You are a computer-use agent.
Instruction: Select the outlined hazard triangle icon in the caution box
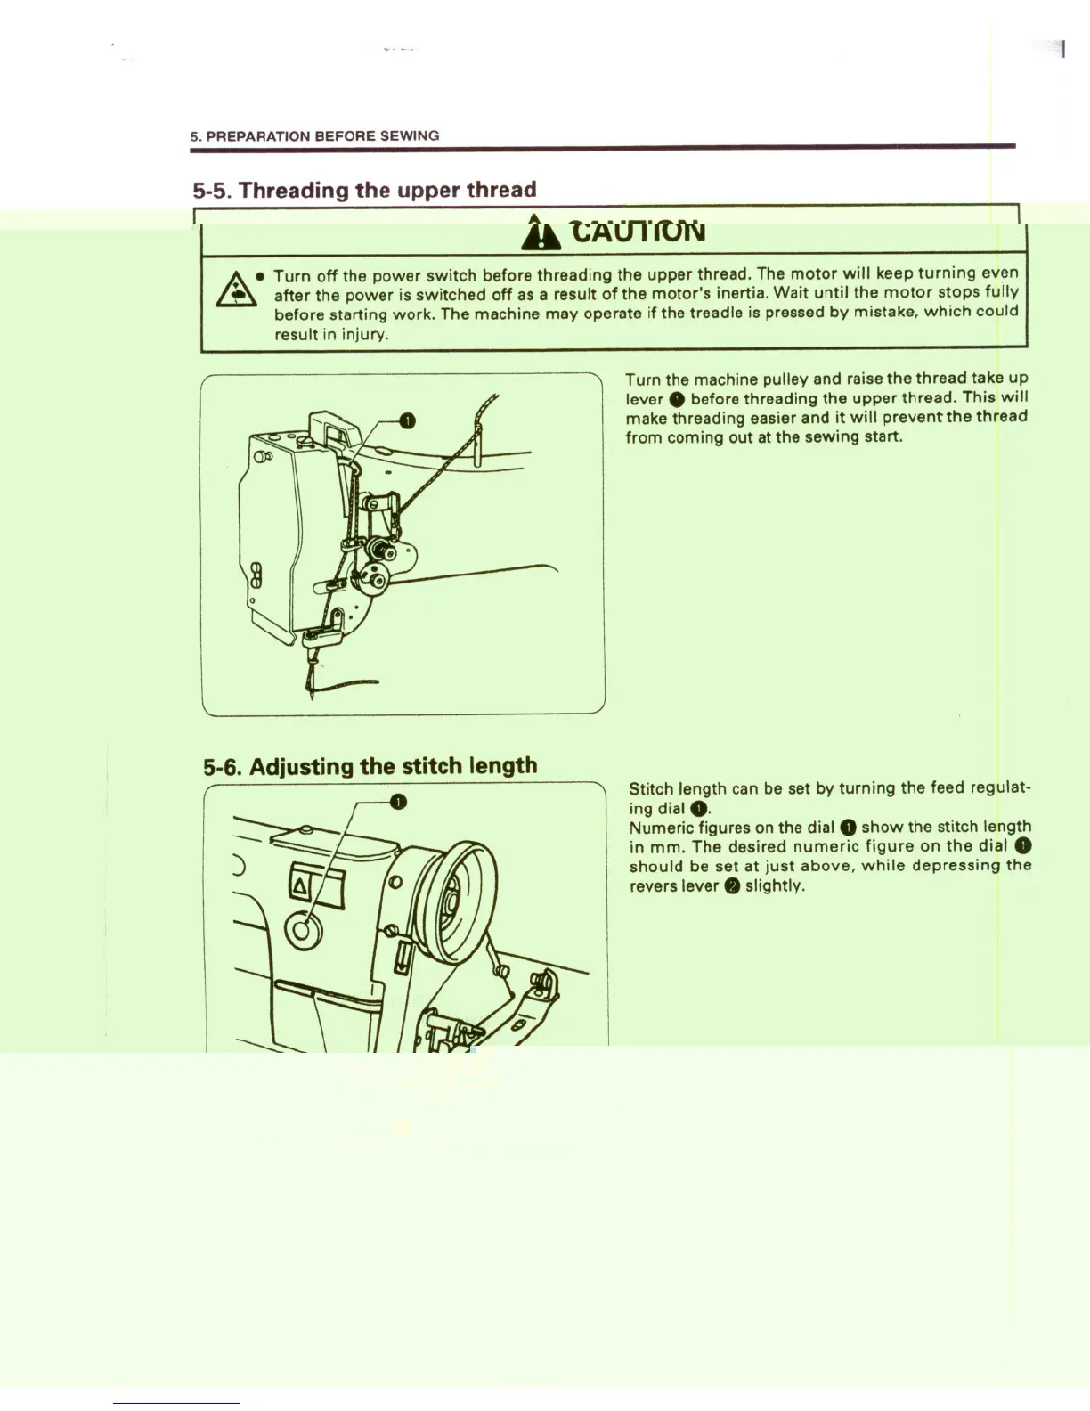point(235,289)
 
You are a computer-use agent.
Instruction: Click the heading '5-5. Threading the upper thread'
point(364,190)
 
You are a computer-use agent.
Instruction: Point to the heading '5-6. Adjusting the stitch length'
point(370,766)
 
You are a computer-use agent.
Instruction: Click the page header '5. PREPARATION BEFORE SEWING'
point(314,136)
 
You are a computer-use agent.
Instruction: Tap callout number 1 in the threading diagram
point(406,420)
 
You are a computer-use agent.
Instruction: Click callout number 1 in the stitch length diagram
point(398,802)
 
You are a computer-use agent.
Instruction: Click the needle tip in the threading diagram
point(311,695)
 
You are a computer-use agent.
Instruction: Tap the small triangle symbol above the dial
point(299,885)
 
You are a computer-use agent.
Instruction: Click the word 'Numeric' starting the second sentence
point(661,828)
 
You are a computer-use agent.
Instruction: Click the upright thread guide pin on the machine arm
point(477,445)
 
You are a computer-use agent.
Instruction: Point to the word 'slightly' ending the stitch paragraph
point(774,886)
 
